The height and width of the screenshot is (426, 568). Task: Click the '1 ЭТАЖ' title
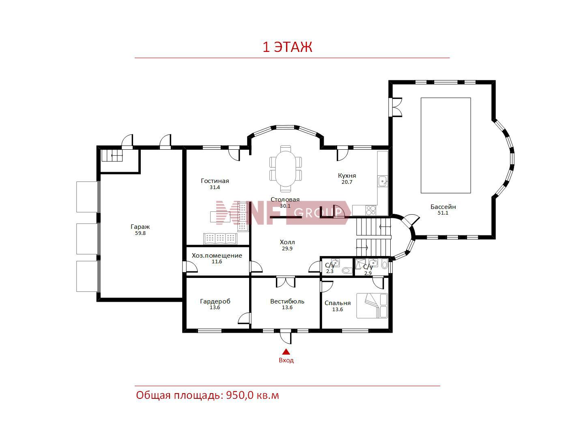tap(287, 47)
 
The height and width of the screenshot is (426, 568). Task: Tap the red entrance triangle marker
tap(286, 351)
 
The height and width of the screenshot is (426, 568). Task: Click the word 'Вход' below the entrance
tap(286, 360)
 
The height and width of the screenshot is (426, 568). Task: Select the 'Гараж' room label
tap(140, 227)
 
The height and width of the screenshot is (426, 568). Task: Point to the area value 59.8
tap(140, 233)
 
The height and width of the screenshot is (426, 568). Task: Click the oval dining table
tap(285, 168)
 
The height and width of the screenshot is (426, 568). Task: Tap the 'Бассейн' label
tap(443, 207)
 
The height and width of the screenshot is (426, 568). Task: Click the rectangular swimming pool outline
tap(445, 145)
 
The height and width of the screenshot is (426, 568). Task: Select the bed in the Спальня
tap(372, 306)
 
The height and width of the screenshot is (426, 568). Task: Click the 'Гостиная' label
tap(215, 181)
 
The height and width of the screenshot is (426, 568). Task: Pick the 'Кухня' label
tap(347, 176)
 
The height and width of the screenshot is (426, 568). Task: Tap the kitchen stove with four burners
tap(371, 210)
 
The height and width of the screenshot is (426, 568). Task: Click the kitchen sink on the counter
tap(383, 181)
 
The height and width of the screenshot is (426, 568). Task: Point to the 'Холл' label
tap(287, 242)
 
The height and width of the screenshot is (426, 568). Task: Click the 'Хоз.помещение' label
tap(217, 256)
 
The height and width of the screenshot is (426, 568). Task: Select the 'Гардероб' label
tap(215, 301)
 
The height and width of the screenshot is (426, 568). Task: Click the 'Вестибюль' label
tap(287, 301)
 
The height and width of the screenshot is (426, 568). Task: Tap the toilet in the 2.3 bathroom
tap(347, 271)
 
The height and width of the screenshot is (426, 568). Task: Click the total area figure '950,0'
tap(240, 396)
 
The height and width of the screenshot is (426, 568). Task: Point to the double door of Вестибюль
tap(286, 282)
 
